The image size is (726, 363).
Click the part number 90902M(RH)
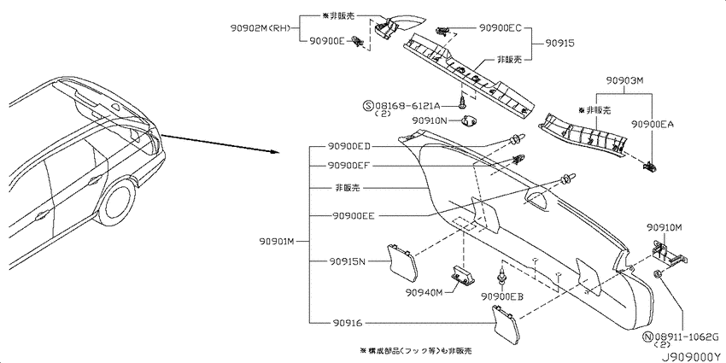pos(260,28)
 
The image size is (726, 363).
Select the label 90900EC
pos(500,28)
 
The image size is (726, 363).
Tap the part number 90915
pos(559,43)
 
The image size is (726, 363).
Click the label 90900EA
pos(653,124)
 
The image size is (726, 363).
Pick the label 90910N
pos(430,120)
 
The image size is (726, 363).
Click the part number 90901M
pos(277,241)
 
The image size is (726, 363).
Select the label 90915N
pos(348,261)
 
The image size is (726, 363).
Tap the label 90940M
pos(425,292)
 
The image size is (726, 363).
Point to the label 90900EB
pos(502,296)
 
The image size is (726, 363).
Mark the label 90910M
pos(666,226)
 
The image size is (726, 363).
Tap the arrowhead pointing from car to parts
pos(274,151)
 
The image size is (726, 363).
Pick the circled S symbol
pos(369,106)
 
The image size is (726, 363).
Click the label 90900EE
pos(353,216)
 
